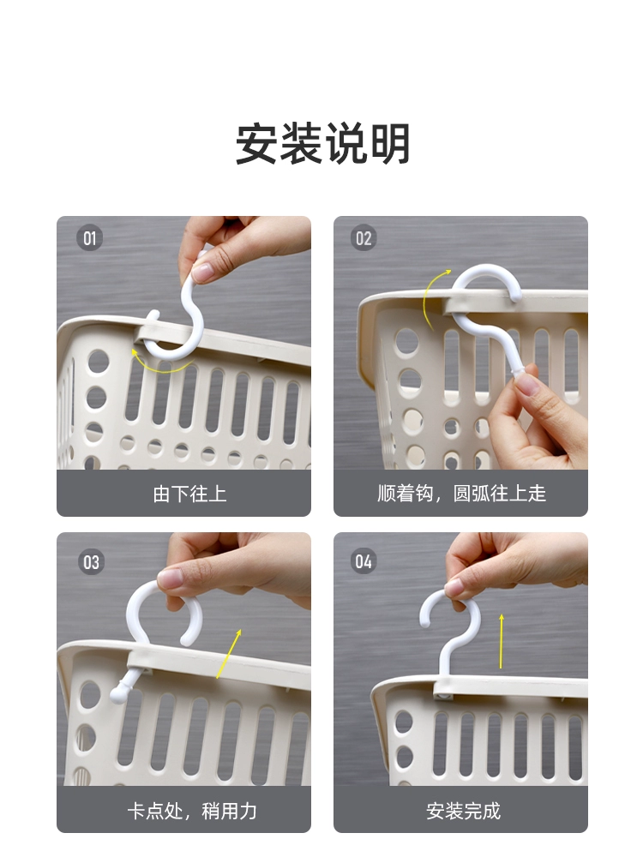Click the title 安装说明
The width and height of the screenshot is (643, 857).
click(x=322, y=144)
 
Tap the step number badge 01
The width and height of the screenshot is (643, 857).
click(x=90, y=238)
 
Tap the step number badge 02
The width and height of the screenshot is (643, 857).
click(x=364, y=238)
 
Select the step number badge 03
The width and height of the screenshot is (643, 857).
click(x=91, y=562)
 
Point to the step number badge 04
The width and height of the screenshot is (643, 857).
click(x=364, y=561)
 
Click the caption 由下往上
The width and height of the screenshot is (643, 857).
click(x=189, y=494)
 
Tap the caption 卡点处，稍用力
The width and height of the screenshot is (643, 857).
click(x=192, y=811)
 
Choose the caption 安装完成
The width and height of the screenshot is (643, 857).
click(x=463, y=811)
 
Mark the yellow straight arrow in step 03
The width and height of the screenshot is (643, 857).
click(x=229, y=654)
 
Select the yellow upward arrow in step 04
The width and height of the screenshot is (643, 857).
click(x=501, y=641)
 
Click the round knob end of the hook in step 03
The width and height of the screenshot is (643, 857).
click(x=118, y=693)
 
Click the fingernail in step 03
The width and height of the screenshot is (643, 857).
click(x=171, y=578)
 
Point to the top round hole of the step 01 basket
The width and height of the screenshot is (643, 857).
click(x=99, y=362)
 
